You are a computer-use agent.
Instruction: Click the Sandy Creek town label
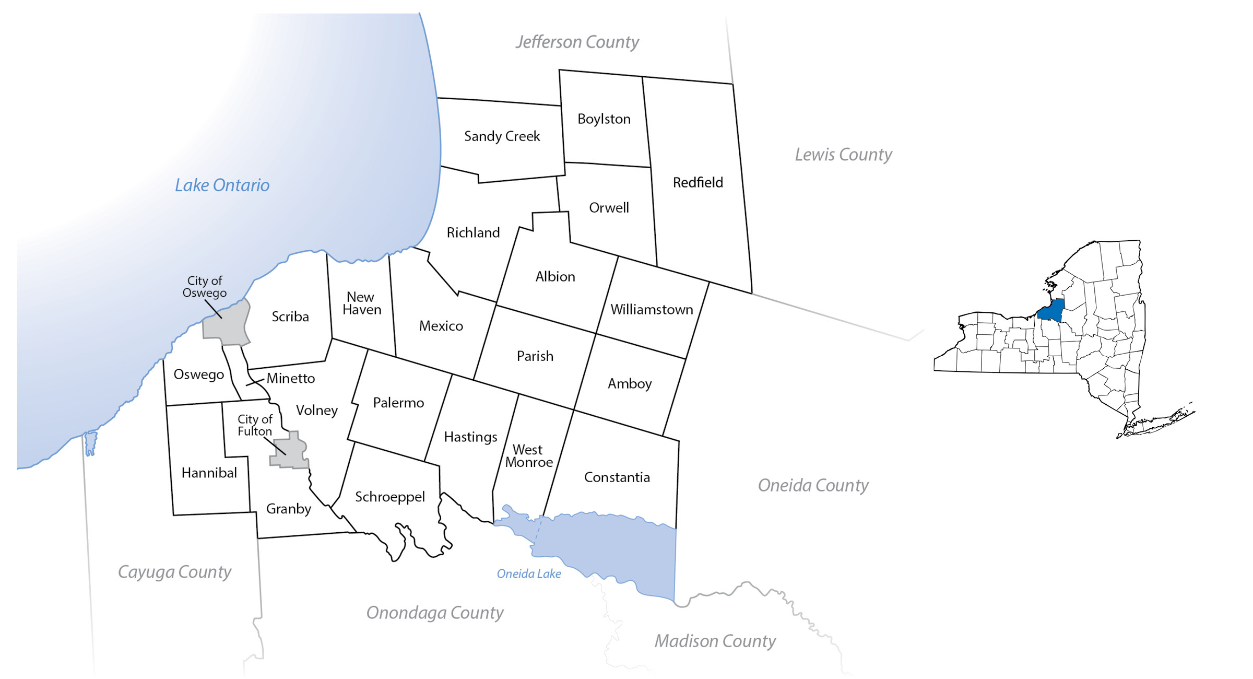coord(502,136)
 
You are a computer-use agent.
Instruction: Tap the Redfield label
coord(698,182)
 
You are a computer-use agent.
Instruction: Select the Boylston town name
coord(604,119)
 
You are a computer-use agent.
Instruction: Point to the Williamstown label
coord(652,309)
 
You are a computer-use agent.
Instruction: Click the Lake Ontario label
coord(222,185)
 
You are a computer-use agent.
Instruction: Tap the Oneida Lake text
coord(528,573)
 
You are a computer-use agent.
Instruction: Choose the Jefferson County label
coord(577,42)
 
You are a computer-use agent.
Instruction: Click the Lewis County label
coord(843,155)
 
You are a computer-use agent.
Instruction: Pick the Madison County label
coord(715,641)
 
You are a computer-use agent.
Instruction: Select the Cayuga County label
coord(174,572)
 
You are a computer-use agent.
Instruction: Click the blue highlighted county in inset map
coord(1051,311)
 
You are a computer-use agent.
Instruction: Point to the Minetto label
coord(290,378)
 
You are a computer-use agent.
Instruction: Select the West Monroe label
coord(528,456)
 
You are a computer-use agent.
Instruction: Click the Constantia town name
coord(617,477)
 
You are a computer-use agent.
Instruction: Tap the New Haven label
coord(361,303)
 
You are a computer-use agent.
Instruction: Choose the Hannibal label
coord(209,473)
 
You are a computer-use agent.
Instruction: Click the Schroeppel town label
coord(389,497)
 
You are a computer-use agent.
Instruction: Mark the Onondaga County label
coord(434,613)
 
